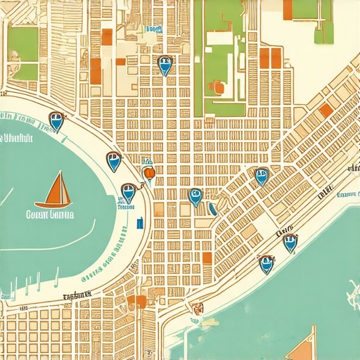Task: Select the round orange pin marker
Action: click(148, 173)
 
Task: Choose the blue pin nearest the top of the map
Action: click(165, 65)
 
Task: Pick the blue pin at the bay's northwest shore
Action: click(56, 121)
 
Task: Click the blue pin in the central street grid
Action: click(195, 196)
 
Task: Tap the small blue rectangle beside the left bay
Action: click(139, 224)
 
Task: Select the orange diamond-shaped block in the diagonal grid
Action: click(326, 110)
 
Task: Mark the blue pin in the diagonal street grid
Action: click(261, 175)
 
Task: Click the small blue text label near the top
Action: click(153, 30)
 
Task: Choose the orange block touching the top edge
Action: click(288, 8)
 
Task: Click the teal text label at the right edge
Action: click(347, 195)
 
